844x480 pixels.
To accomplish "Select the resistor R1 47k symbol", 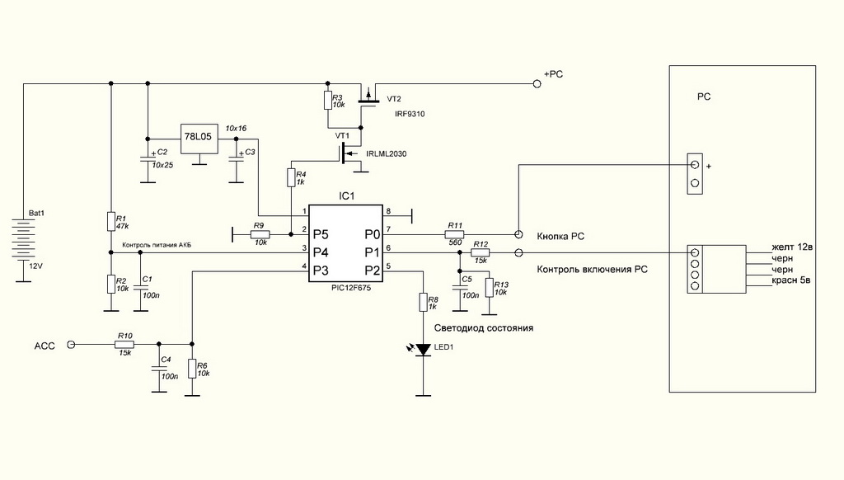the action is click(x=111, y=221).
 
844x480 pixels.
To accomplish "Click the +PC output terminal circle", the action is click(x=536, y=83).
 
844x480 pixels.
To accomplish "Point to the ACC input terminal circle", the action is click(x=71, y=344).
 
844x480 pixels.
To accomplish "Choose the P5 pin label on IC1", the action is click(x=321, y=234).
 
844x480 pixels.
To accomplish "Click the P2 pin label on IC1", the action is click(x=373, y=271).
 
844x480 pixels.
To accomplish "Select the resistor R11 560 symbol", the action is click(x=454, y=234).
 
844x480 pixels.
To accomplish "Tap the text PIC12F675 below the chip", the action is click(x=351, y=288).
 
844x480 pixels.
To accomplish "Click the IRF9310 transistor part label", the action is click(x=410, y=114).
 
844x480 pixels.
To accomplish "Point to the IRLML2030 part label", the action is click(x=387, y=154).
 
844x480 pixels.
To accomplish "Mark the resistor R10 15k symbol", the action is click(x=124, y=344).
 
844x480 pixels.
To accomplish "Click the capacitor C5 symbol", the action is click(x=460, y=287).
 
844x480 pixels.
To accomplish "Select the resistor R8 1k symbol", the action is click(x=424, y=302).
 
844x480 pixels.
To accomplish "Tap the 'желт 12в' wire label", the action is click(x=792, y=247).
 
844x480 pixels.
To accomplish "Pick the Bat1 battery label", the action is click(x=36, y=214).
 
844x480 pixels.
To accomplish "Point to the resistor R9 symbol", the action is click(x=260, y=234).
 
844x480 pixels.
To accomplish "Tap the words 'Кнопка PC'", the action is click(x=560, y=237).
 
